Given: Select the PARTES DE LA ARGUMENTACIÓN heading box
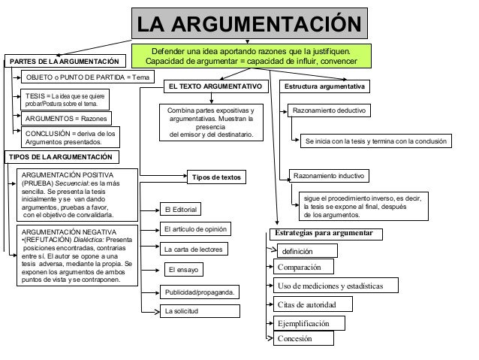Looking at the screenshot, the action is point(65,61).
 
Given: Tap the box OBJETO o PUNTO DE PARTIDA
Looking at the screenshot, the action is point(89,78).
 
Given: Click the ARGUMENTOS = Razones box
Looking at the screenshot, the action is point(66,119).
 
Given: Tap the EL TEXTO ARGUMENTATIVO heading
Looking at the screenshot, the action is point(215,87).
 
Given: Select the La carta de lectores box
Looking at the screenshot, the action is point(194,248).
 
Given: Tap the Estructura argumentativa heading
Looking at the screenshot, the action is point(324,87).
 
